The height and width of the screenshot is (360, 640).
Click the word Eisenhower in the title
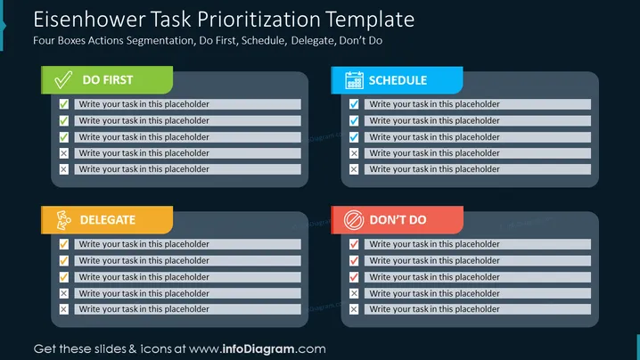click(x=88, y=20)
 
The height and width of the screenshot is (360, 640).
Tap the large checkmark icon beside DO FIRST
click(x=63, y=80)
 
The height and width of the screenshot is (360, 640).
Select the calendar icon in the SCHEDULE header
click(x=354, y=80)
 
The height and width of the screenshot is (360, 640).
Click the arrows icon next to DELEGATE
click(x=63, y=220)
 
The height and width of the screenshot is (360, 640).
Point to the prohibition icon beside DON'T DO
click(x=354, y=220)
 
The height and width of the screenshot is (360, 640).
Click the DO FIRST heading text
click(x=108, y=80)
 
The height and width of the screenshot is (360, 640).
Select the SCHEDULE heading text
click(x=398, y=80)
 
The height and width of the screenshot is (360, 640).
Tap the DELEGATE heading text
click(x=108, y=220)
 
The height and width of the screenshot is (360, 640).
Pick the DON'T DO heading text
click(x=398, y=220)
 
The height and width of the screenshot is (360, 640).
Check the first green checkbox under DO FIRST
click(x=63, y=104)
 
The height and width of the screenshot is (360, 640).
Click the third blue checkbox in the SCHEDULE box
click(x=354, y=137)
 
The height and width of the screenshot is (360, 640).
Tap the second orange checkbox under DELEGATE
click(x=63, y=260)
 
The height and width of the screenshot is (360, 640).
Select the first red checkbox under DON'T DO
click(x=354, y=244)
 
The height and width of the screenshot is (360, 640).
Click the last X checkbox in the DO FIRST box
click(x=63, y=169)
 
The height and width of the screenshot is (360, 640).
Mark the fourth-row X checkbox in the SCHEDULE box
click(x=354, y=153)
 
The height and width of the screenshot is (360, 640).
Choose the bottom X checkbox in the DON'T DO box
click(x=354, y=309)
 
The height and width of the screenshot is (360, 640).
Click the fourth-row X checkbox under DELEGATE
click(x=63, y=293)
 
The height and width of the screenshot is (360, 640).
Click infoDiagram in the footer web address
click(x=258, y=349)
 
